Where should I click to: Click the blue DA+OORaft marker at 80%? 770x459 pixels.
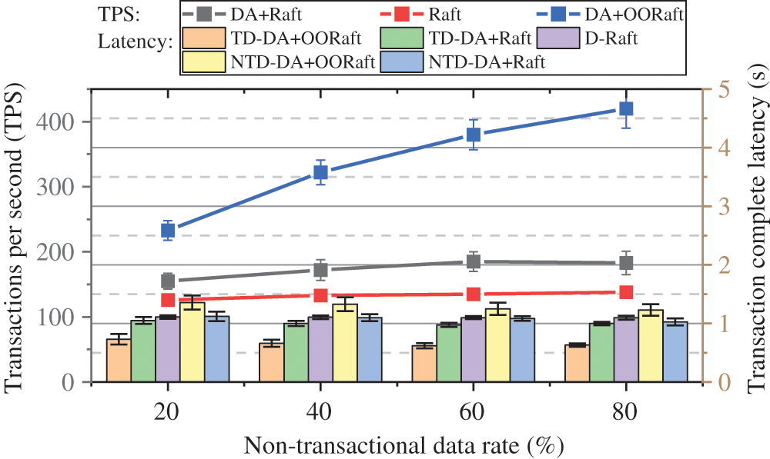[x=626, y=109]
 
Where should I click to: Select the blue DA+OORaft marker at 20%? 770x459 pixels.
[x=169, y=230]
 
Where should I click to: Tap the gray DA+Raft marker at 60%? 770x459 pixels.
[x=474, y=261]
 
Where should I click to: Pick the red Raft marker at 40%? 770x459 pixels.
[x=321, y=295]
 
